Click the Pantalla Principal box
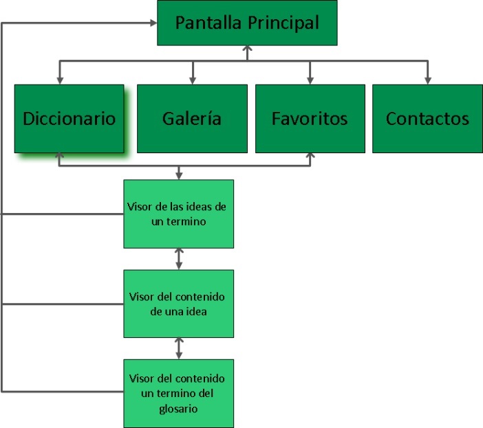247,23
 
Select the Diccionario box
69,118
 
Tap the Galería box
192,118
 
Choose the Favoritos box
310,118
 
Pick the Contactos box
427,118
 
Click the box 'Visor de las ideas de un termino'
178,214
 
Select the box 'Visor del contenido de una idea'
178,303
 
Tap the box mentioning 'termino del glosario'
178,393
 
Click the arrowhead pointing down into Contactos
427,80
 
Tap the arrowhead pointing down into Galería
192,80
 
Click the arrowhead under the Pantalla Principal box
248,49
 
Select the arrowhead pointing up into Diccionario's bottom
59,156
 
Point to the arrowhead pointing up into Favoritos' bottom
310,156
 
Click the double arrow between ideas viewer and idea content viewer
179,258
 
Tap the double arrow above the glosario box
179,348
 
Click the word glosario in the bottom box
178,409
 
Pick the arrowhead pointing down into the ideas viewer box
179,176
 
